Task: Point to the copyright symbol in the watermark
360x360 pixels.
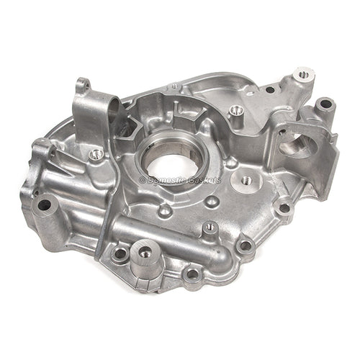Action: (x=143, y=179)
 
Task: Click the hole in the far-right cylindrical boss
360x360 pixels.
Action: (x=325, y=104)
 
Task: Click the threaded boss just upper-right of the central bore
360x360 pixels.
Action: (x=235, y=111)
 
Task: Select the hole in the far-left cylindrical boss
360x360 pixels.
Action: (x=44, y=204)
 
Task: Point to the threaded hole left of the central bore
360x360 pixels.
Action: (x=96, y=154)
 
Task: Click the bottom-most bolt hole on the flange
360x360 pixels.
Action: (x=192, y=274)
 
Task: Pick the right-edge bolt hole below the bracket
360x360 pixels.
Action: (x=284, y=209)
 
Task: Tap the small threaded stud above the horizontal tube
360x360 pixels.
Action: (x=210, y=228)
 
